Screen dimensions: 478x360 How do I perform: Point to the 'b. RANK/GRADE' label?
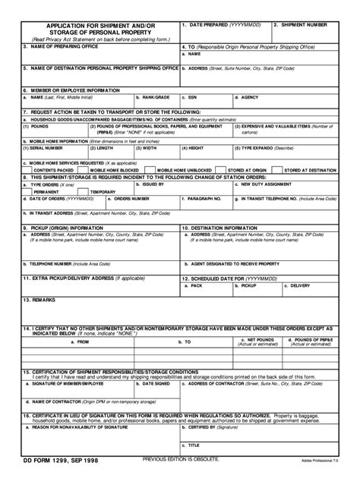tap(152, 98)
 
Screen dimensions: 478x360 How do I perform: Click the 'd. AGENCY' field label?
tap(247, 98)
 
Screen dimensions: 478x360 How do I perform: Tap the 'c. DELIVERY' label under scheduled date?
tap(298, 285)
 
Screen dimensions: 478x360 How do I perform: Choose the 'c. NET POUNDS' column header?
tap(257, 340)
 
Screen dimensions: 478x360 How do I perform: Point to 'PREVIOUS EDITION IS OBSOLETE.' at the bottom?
tap(181, 458)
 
